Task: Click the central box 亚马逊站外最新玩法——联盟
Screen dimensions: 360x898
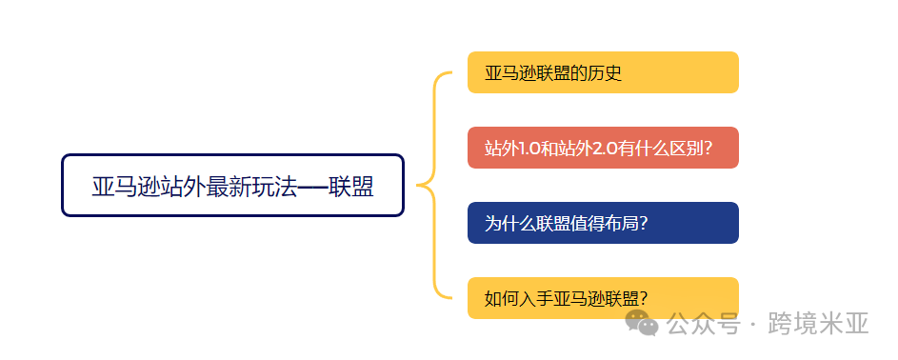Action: click(232, 186)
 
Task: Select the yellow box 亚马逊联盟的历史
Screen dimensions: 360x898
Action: click(603, 72)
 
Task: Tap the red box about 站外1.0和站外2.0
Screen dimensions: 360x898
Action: click(603, 148)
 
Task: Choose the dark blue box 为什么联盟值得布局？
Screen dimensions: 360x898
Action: click(603, 223)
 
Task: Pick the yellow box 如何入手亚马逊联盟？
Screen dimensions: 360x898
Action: click(603, 298)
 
